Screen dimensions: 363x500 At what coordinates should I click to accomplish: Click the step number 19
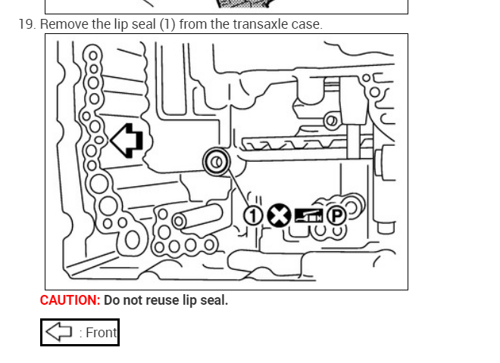(x=27, y=24)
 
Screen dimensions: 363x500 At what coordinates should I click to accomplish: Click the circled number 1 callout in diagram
(x=252, y=216)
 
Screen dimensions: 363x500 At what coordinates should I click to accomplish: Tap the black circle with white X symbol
(x=280, y=216)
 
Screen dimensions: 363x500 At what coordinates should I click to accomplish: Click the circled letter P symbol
(x=335, y=216)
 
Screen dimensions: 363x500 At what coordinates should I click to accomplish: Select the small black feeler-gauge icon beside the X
(x=308, y=216)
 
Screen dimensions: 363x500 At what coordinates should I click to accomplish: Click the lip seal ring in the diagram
(x=217, y=161)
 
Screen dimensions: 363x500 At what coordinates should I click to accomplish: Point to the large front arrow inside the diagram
(x=127, y=141)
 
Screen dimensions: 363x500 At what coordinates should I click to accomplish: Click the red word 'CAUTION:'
(x=70, y=300)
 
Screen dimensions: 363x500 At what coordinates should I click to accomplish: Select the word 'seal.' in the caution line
(x=212, y=300)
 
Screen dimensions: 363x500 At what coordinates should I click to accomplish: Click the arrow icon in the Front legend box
(x=59, y=332)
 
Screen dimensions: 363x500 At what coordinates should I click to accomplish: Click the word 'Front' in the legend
(x=102, y=333)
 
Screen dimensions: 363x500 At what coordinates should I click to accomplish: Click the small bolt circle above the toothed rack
(x=331, y=120)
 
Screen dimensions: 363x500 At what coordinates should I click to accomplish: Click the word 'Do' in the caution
(x=112, y=300)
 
